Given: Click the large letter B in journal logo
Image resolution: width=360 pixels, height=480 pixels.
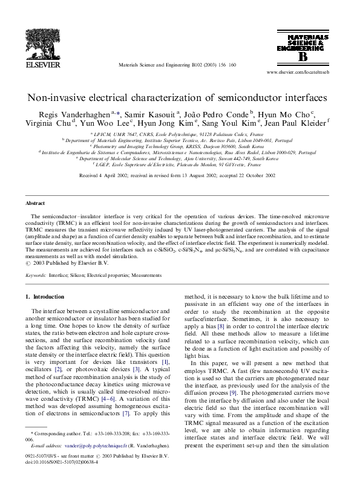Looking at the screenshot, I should click(302, 56).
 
